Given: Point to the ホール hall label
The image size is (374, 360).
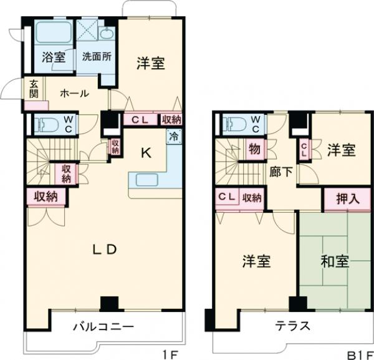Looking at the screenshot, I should pyautogui.click(x=74, y=94).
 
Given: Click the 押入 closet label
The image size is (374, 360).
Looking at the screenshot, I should pyautogui.click(x=347, y=200).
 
